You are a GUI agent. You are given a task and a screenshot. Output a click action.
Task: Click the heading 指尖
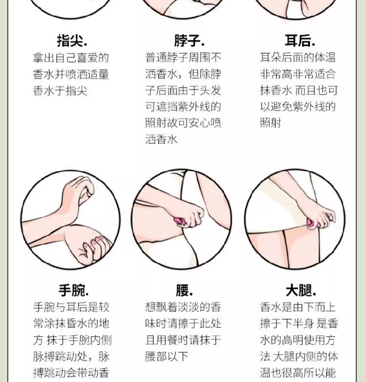coord(72,40)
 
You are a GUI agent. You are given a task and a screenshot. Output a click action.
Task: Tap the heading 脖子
coord(189,40)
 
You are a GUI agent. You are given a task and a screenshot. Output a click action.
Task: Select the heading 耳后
coord(300,40)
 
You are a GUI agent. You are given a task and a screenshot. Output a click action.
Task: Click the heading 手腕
coord(74,290)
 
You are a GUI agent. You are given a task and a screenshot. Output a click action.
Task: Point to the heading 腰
coord(184,290)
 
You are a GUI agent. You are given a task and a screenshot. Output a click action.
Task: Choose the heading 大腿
coord(301,290)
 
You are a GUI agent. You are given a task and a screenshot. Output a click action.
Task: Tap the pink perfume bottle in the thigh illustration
coord(311,223)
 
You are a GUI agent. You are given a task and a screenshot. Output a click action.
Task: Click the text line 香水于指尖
coord(60,91)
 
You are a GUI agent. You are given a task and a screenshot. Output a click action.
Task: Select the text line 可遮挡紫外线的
coord(183,106)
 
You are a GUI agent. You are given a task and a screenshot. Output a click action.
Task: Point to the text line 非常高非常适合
coord(298,74)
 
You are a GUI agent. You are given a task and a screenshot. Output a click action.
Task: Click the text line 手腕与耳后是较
coord(71,307)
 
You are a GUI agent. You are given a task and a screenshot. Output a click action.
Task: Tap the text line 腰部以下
coord(167,357)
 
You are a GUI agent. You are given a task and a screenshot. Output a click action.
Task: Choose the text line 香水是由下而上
coord(298,307)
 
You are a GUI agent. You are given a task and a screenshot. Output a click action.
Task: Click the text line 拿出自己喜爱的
coord(71,58)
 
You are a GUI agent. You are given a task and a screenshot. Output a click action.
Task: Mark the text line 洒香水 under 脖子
coord(162,140)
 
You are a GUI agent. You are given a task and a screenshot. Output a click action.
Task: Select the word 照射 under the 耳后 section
coord(271,123)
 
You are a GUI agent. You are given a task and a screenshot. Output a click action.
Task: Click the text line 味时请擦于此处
coord(183,323)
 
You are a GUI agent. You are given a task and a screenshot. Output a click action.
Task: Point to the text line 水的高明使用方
coord(298,340)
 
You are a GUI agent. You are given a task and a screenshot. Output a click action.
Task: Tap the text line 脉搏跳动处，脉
coord(71,357)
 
